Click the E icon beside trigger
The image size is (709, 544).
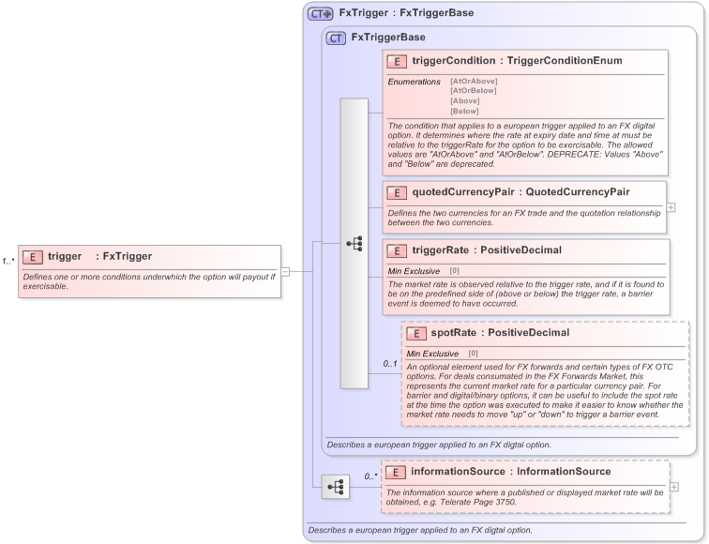click(x=32, y=256)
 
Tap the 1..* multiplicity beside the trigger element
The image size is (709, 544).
click(x=8, y=262)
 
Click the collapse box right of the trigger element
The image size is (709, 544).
click(x=285, y=272)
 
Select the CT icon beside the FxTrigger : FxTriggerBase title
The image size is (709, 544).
click(x=321, y=14)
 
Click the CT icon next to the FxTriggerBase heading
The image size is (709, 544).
click(x=336, y=38)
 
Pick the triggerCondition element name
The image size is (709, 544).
click(x=454, y=62)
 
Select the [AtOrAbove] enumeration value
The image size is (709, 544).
click(x=474, y=82)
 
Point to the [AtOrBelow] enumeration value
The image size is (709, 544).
click(x=474, y=91)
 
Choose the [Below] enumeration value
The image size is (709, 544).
click(x=464, y=111)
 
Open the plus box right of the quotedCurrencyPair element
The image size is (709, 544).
click(x=671, y=207)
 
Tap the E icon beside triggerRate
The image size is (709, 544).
click(x=397, y=251)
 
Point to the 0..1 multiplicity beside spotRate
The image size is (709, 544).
click(x=390, y=363)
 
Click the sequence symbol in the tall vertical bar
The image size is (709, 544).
click(x=354, y=243)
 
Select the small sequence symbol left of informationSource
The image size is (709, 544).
click(x=335, y=488)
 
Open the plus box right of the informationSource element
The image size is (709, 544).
click(x=674, y=487)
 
